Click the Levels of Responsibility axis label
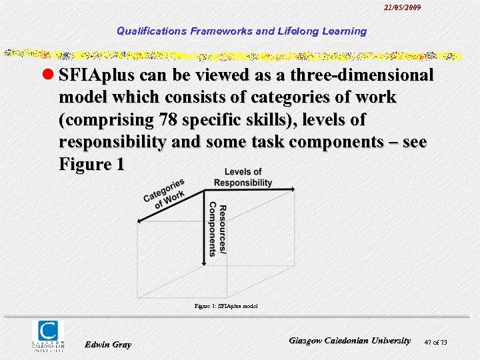(x=243, y=177)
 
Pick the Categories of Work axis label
(x=164, y=193)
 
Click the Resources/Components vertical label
(x=217, y=229)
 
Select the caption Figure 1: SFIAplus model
(x=226, y=306)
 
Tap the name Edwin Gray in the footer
(x=108, y=344)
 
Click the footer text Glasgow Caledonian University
(x=350, y=340)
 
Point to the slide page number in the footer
(x=435, y=343)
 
